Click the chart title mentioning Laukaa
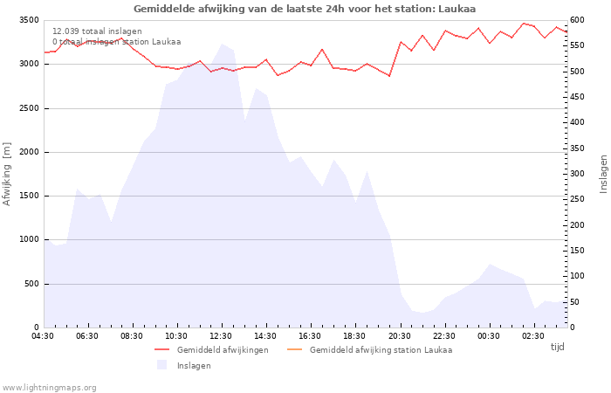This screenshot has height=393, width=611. (305, 9)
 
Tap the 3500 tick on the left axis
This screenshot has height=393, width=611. (28, 20)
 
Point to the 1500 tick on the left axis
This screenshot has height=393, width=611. (28, 196)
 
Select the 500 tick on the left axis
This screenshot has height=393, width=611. (31, 284)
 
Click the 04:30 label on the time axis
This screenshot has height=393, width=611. (44, 336)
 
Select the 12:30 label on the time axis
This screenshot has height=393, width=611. (221, 336)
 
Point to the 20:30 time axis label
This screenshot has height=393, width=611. (399, 336)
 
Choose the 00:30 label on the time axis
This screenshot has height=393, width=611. (489, 336)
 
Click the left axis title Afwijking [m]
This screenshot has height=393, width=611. (8, 174)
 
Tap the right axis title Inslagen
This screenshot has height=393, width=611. (602, 174)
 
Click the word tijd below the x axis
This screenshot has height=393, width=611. (557, 347)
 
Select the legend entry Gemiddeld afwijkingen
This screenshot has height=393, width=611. (222, 350)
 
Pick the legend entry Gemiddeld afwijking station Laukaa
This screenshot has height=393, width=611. (381, 350)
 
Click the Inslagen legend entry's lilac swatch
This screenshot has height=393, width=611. (161, 366)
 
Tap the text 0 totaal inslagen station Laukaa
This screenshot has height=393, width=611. (116, 42)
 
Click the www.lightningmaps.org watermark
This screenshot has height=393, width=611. (50, 388)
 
